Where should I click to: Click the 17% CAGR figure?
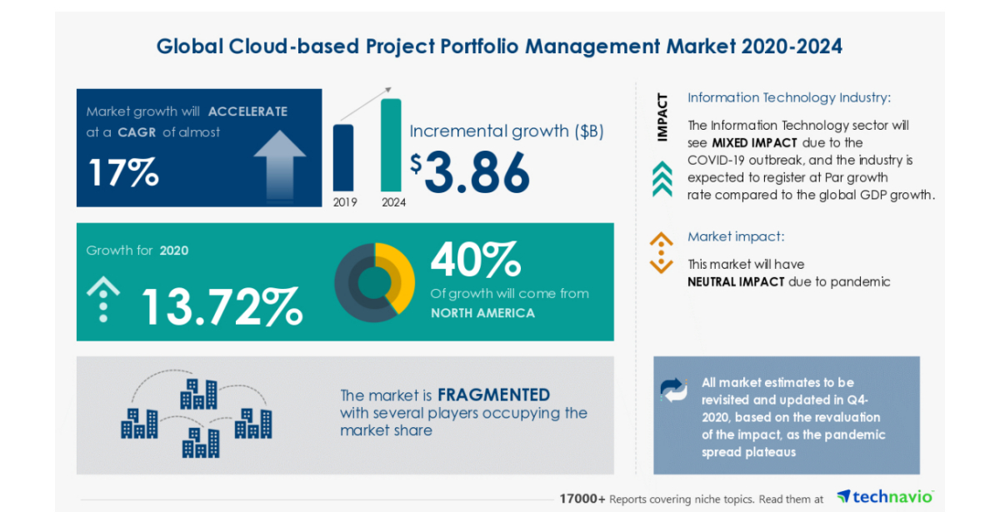(x=122, y=172)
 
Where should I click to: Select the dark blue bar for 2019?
(x=342, y=157)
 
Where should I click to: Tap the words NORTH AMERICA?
(x=482, y=313)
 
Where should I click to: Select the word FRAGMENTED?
(x=493, y=395)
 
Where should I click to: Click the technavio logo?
(x=885, y=497)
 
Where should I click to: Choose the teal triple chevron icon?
(x=662, y=178)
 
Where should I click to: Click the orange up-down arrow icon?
(x=661, y=252)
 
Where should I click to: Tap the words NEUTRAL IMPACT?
(x=736, y=281)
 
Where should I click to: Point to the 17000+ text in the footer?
(x=582, y=499)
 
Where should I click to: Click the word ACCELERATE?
(x=247, y=112)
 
